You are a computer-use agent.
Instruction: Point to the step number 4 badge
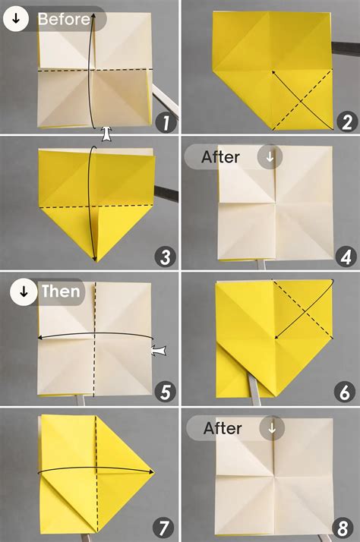coord(345,257)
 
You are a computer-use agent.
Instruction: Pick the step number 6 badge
coord(345,392)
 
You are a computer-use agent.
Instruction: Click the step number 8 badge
coord(345,526)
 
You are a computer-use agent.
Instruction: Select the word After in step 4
coord(221,157)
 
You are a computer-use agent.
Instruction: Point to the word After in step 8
coord(223,428)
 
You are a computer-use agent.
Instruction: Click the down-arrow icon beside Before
coord(16,19)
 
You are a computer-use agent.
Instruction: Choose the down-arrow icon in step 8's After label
coord(271,428)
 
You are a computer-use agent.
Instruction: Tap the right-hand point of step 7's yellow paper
coord(154,471)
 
